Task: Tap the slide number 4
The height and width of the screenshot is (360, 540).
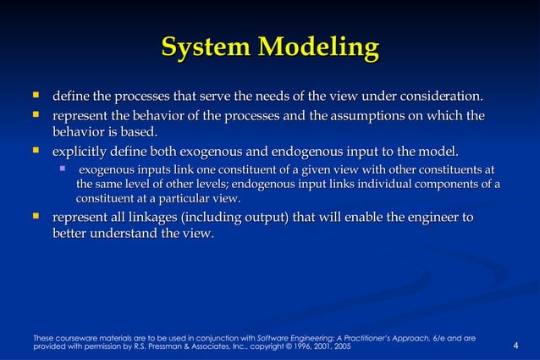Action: pyautogui.click(x=516, y=346)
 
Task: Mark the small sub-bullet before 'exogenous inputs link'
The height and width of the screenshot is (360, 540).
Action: pyautogui.click(x=62, y=169)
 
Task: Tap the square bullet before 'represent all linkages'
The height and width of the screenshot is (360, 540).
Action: pyautogui.click(x=36, y=218)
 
